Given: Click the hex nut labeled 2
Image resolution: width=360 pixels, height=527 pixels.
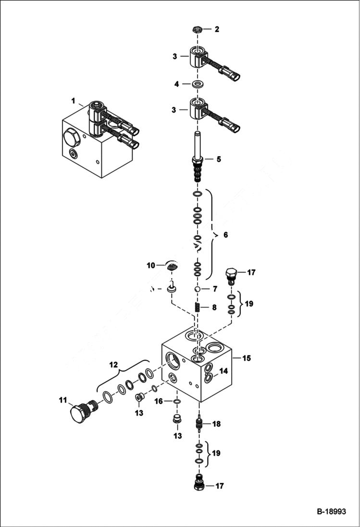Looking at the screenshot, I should click(x=196, y=29).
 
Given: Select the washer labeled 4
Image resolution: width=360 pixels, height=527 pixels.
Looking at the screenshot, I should click(x=196, y=85).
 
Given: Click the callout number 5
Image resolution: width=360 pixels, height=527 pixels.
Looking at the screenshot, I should click(x=219, y=159).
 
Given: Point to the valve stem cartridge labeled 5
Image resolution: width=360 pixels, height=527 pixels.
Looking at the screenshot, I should click(x=197, y=159).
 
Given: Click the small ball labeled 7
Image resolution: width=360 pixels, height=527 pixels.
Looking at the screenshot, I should click(x=197, y=289).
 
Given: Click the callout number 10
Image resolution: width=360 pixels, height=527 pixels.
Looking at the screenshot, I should click(x=151, y=265).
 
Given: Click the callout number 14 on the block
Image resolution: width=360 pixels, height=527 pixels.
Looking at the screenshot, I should click(x=223, y=371).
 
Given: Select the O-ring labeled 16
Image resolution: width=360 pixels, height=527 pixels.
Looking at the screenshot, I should click(x=177, y=402).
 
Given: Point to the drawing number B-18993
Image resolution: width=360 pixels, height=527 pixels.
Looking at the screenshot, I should click(x=331, y=512).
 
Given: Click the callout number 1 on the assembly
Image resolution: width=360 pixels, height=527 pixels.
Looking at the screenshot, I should click(x=74, y=101).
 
